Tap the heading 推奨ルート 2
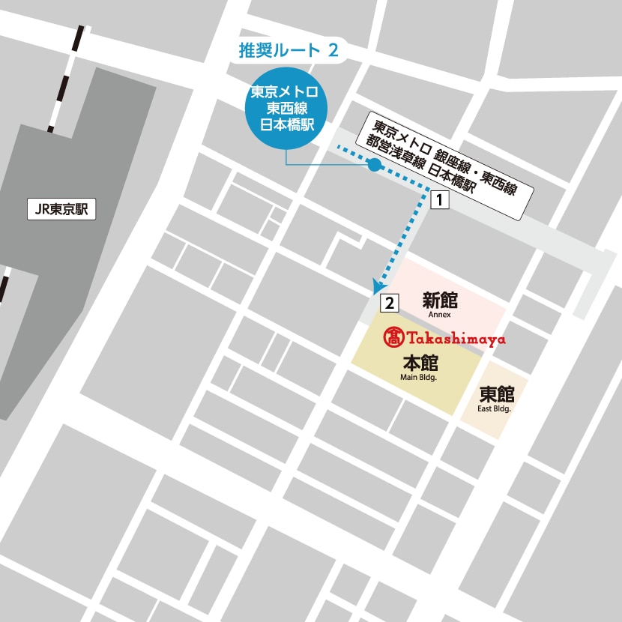[289, 51]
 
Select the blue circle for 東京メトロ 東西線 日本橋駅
[285, 108]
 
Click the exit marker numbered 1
[441, 200]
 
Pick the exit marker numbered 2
[389, 304]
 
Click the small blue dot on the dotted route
[374, 165]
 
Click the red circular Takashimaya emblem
[393, 338]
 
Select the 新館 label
[440, 301]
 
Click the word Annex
[440, 315]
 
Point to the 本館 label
[420, 363]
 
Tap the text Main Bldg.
[419, 378]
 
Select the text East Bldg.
[495, 409]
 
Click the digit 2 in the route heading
[333, 51]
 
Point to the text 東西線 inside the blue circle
[285, 108]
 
